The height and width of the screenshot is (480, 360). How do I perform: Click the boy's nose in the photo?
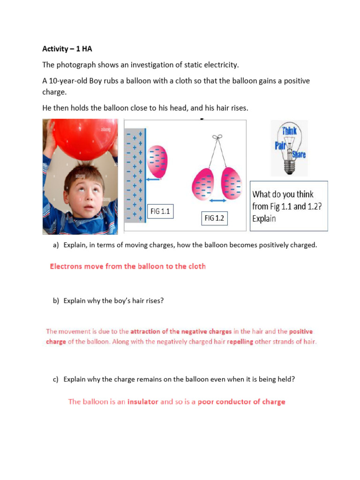click(x=85, y=200)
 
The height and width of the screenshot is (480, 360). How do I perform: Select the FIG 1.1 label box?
click(x=160, y=211)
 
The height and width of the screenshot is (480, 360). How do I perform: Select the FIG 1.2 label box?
click(x=214, y=218)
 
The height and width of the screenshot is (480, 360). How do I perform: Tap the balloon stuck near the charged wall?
click(x=157, y=161)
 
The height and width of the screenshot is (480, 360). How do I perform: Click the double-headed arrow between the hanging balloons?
click(x=217, y=200)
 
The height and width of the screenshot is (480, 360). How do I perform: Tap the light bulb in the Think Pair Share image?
click(x=289, y=150)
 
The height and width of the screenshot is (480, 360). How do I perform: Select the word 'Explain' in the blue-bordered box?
click(x=264, y=218)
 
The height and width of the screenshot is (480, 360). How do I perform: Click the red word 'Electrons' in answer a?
click(x=66, y=266)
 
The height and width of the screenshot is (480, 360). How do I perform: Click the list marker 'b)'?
click(x=56, y=301)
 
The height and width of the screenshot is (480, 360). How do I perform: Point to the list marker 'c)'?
click(x=56, y=380)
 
